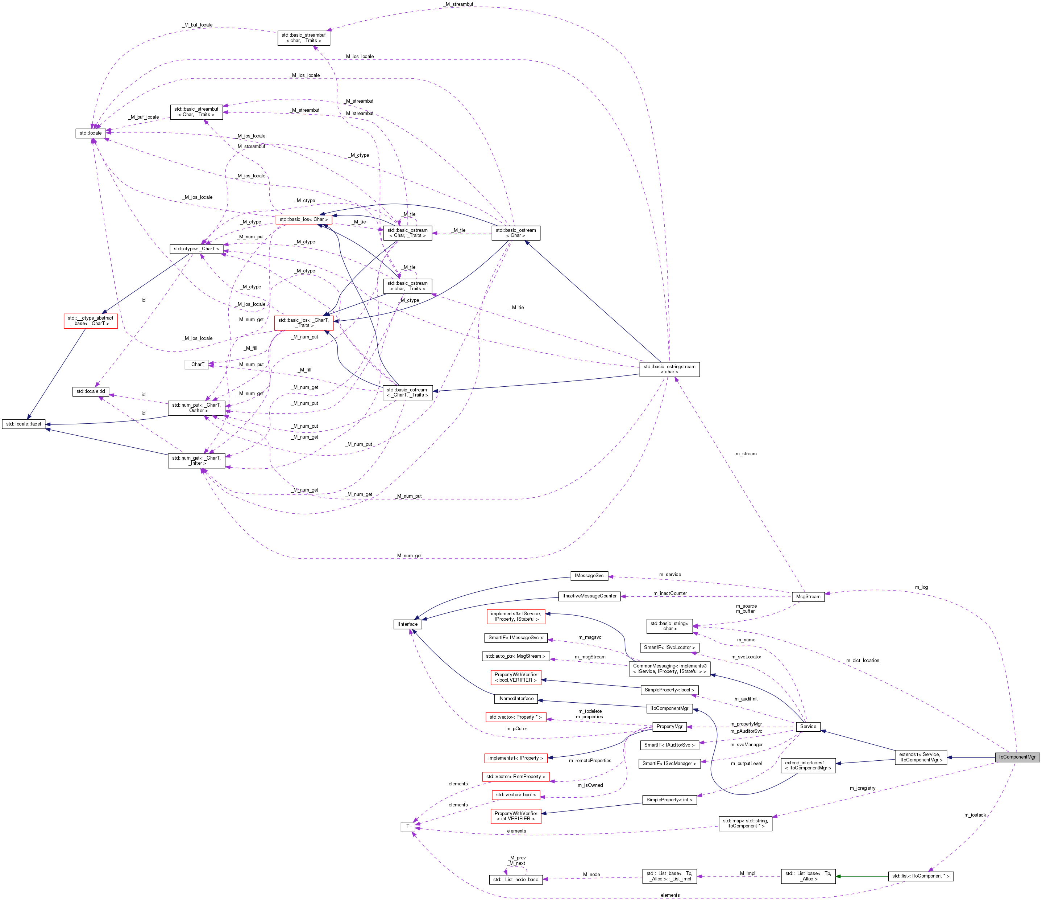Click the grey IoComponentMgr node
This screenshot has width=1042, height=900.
tap(1017, 757)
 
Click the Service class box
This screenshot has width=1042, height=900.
tap(808, 726)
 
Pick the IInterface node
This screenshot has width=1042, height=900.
tap(407, 624)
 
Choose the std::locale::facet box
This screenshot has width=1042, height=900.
tap(24, 424)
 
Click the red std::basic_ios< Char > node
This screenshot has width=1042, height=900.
tap(304, 219)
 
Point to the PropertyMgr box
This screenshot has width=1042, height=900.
tap(669, 726)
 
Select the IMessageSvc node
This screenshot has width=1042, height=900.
tap(589, 576)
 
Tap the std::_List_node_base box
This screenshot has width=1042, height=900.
tap(515, 879)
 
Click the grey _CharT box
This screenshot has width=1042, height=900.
tap(197, 365)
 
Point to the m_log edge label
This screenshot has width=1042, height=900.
tap(921, 587)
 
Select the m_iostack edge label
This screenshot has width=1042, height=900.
tap(975, 815)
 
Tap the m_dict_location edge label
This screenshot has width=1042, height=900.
tap(863, 661)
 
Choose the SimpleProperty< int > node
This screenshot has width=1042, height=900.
tap(669, 800)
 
